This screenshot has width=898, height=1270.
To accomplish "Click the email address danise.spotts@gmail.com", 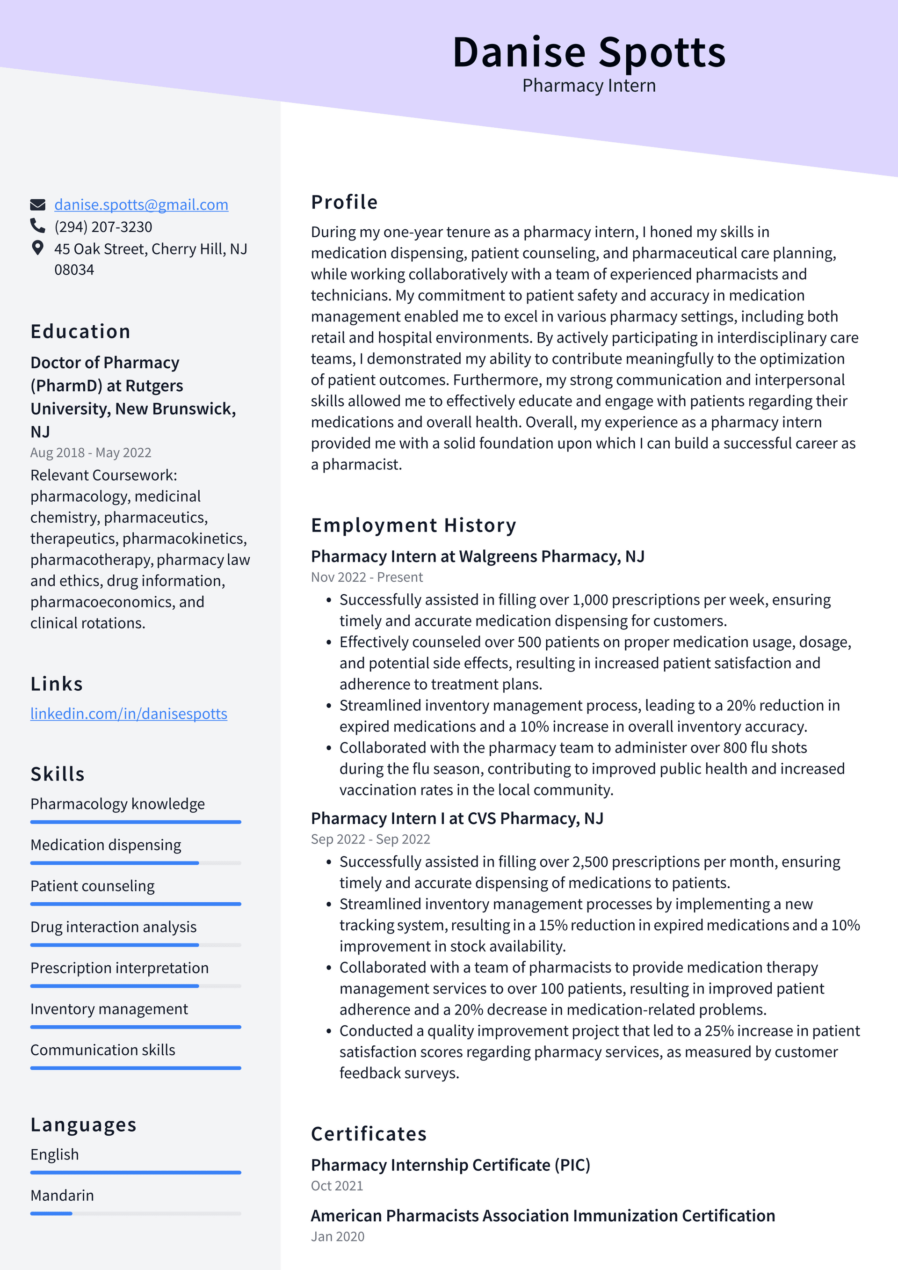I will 141,204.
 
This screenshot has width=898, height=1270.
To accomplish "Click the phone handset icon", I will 37,226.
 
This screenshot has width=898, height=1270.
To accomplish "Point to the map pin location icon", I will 37,248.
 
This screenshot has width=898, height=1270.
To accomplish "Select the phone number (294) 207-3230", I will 103,227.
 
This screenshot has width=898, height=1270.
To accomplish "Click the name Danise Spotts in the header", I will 588,52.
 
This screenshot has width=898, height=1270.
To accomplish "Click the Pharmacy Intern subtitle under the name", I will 588,86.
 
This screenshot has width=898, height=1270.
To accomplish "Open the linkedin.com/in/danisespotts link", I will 128,714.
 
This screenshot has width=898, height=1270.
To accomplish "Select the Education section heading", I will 80,331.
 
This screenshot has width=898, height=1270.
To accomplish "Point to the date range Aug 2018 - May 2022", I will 91,453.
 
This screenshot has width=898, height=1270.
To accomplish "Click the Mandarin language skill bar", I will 136,1213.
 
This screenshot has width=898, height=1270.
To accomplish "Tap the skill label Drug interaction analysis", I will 113,927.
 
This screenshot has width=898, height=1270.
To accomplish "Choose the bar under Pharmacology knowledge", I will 136,822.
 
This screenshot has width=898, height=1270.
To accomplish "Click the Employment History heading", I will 413,525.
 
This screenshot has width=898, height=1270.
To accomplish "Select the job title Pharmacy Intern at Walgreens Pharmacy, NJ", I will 477,556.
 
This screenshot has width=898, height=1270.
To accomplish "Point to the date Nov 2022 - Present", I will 366,577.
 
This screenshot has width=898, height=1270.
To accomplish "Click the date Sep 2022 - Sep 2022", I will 370,839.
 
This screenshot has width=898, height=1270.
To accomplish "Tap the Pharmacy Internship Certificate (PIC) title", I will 450,1165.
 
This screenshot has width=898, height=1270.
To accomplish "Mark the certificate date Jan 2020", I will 337,1236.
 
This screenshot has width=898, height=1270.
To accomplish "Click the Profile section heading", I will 344,202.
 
